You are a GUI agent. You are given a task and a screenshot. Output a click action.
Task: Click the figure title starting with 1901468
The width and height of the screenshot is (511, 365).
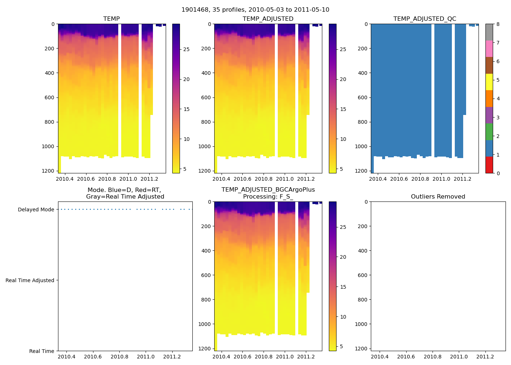[x=255, y=10]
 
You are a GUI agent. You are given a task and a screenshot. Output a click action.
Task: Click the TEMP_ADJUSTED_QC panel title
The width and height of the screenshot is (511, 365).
[x=424, y=19]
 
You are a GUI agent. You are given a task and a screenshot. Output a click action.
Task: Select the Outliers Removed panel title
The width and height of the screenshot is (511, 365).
[x=438, y=197]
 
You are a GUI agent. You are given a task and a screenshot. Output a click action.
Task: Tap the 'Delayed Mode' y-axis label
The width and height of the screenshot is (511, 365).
[x=36, y=210]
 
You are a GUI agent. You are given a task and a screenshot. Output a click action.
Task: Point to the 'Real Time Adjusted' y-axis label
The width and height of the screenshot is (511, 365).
[x=30, y=280]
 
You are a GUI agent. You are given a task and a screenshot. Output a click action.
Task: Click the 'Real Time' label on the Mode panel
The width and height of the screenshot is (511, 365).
[x=42, y=351]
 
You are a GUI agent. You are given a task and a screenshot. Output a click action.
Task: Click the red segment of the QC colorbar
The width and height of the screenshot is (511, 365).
[x=489, y=165]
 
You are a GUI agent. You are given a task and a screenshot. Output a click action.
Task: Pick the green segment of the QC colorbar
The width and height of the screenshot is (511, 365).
[x=489, y=132]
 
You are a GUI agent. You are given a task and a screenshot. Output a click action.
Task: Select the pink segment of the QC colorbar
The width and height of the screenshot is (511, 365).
[x=489, y=49]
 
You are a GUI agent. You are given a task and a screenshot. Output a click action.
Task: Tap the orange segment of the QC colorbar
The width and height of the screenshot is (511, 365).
[x=489, y=99]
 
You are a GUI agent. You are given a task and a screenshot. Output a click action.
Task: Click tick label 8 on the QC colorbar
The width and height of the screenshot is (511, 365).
[x=498, y=24]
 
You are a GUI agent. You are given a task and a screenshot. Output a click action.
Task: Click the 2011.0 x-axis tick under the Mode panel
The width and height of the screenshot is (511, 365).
[x=146, y=357]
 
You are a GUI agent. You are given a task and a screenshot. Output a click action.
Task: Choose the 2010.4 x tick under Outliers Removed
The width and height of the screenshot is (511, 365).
[x=380, y=357]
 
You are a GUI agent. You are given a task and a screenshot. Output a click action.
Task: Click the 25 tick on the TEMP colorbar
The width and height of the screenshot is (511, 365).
[x=186, y=49]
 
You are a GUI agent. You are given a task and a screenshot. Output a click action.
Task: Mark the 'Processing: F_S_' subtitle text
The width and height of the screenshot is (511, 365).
[x=268, y=197]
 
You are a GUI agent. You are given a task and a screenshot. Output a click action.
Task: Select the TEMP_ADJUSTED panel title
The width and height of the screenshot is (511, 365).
[x=268, y=19]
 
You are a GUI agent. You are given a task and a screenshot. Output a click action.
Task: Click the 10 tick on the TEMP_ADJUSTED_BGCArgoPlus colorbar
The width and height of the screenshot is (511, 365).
[x=343, y=317]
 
